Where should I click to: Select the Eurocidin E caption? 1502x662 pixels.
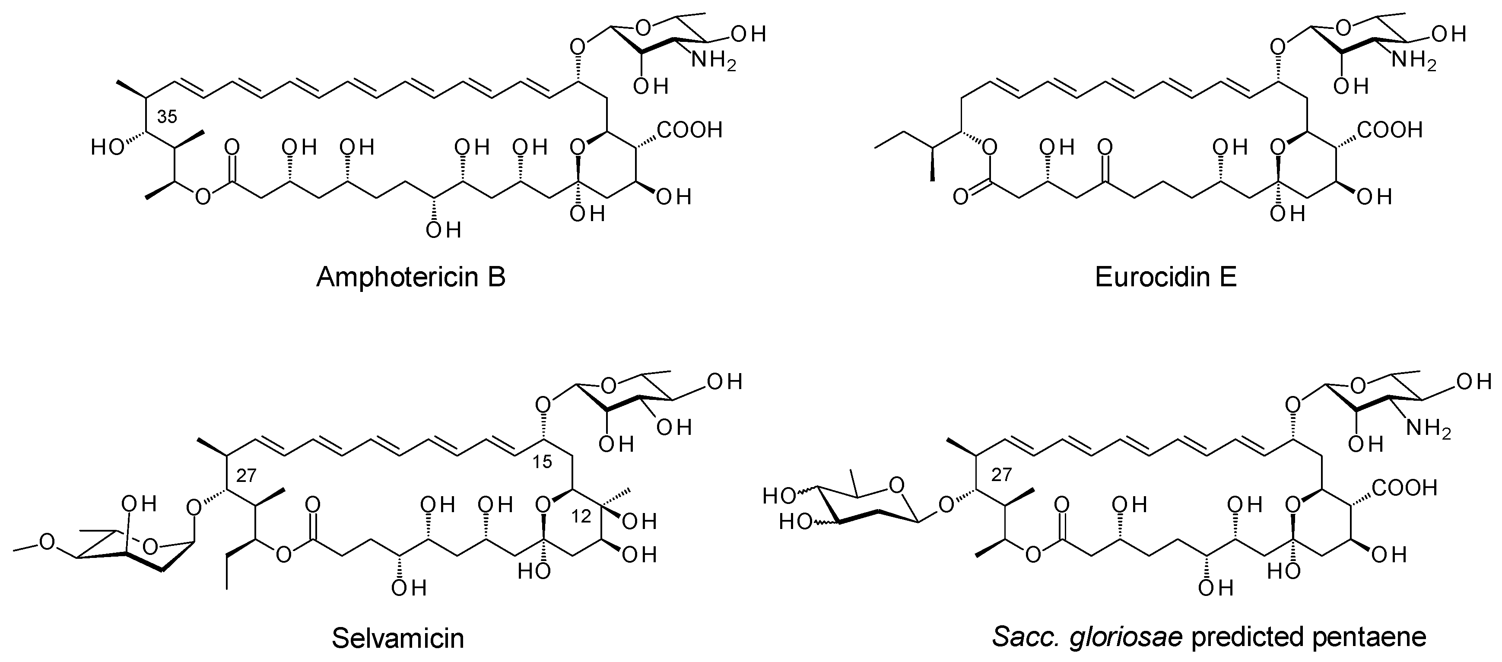[1165, 277]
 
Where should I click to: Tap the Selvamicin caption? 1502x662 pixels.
[398, 638]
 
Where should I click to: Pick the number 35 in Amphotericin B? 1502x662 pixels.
[167, 117]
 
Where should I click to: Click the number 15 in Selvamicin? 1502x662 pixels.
[542, 462]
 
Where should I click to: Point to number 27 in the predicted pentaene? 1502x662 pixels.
[1001, 475]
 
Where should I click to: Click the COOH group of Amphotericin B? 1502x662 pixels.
[690, 130]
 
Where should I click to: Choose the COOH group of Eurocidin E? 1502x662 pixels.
[1391, 130]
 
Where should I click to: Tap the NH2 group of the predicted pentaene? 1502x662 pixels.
[1428, 430]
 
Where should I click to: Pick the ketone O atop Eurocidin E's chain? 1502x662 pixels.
[1104, 146]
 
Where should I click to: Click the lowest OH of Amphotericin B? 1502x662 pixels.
[443, 231]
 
